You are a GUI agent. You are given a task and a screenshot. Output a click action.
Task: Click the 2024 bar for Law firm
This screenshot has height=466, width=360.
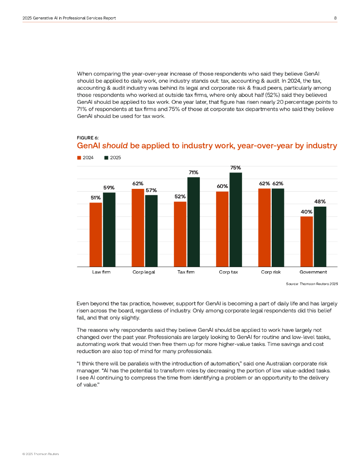[96, 234]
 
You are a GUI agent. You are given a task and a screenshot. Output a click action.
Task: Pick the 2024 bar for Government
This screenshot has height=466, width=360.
[307, 241]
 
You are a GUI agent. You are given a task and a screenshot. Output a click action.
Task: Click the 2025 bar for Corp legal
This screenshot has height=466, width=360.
[151, 231]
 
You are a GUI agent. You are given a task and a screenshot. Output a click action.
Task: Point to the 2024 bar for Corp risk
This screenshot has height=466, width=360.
[264, 228]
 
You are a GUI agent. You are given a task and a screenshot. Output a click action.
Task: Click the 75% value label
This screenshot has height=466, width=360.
[236, 168]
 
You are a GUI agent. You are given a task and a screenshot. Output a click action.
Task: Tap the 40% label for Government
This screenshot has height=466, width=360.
[306, 212]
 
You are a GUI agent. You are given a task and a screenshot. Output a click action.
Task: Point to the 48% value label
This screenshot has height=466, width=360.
[320, 202]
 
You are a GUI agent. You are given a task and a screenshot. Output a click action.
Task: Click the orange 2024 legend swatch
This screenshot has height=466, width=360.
[79, 157]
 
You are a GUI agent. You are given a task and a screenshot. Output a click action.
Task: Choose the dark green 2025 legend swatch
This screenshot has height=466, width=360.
[106, 157]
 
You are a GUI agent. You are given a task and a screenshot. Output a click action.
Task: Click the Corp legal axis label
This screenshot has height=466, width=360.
[144, 272]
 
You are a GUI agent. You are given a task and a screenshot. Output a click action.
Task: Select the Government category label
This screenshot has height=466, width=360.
[313, 272]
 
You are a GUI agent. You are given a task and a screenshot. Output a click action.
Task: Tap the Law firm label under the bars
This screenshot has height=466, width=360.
[101, 272]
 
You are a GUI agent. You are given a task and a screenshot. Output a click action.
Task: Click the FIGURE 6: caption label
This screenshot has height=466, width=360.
[87, 137]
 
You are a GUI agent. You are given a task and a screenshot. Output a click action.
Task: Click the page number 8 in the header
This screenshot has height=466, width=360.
[335, 18]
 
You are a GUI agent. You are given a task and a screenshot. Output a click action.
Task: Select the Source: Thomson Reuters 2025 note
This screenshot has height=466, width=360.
[312, 284]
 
